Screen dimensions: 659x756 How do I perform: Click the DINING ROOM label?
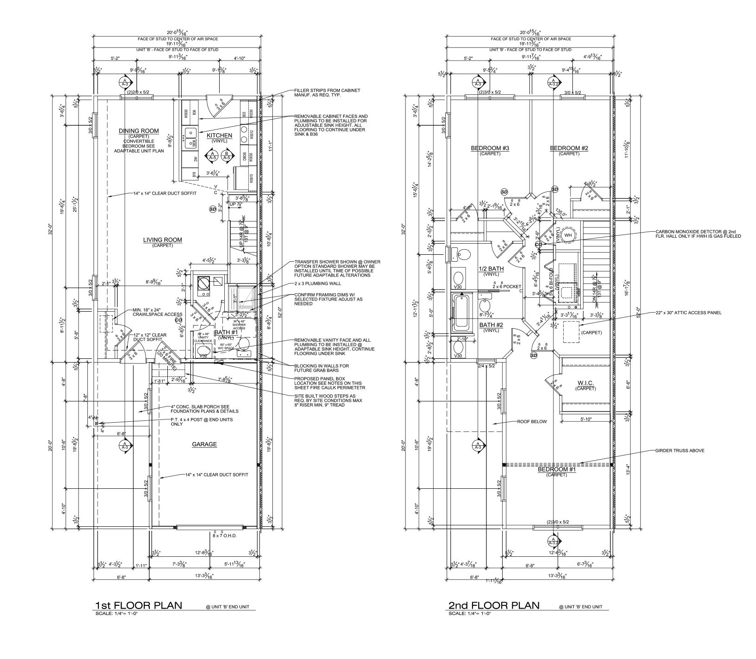[x=138, y=131]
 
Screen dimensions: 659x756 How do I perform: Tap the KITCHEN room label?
[x=219, y=135]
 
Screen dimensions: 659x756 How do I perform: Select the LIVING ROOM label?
[x=162, y=240]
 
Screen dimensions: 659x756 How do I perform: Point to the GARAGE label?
[x=204, y=444]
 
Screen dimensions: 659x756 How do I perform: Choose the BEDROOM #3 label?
[x=490, y=148]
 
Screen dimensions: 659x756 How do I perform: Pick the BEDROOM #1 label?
[x=556, y=470]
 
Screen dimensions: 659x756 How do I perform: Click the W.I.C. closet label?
[x=586, y=383]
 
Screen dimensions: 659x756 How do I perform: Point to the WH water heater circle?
[x=568, y=235]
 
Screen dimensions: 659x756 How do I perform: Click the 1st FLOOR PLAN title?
[x=138, y=605]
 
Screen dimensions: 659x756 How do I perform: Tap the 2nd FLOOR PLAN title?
[x=493, y=605]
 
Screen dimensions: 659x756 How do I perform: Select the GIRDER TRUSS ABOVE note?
[x=680, y=450]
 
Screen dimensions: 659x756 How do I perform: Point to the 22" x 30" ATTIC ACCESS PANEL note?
[x=688, y=313]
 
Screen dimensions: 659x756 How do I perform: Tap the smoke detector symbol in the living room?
[x=213, y=209]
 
